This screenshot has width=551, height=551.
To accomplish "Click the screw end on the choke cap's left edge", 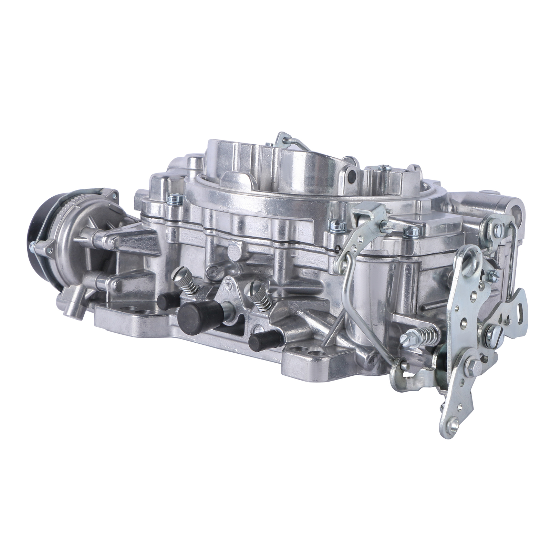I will pyautogui.click(x=33, y=245).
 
